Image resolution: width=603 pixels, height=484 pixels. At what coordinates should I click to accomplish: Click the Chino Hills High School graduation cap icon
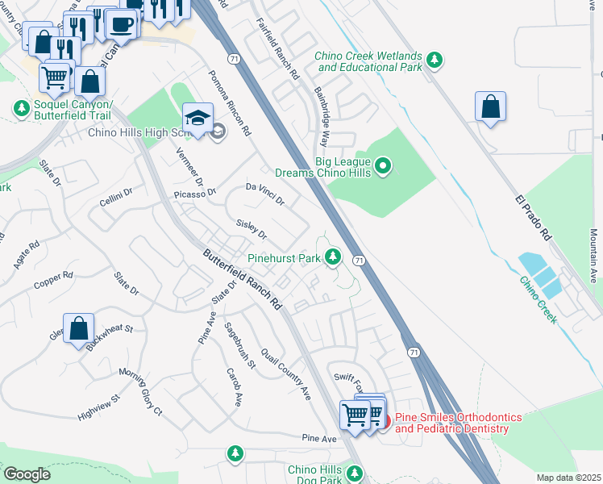(x=198, y=117)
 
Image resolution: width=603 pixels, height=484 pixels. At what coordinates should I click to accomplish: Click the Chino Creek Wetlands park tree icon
(x=435, y=60)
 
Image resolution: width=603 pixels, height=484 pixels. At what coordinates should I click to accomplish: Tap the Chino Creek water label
(x=538, y=302)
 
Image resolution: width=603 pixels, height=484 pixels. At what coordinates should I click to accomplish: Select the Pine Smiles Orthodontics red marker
(x=385, y=421)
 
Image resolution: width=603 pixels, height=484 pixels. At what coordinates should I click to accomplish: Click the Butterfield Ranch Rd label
(x=243, y=279)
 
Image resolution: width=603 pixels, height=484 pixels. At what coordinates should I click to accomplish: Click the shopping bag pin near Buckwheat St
(x=79, y=329)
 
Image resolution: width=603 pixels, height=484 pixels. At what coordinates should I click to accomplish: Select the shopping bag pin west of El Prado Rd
(x=490, y=106)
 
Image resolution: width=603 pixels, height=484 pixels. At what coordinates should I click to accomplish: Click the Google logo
(x=26, y=474)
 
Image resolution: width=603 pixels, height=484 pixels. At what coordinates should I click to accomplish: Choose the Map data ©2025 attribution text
(x=568, y=478)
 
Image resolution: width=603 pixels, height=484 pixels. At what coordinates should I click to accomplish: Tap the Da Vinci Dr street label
(x=265, y=194)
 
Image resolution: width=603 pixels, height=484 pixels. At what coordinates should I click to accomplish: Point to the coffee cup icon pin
(x=121, y=24)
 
